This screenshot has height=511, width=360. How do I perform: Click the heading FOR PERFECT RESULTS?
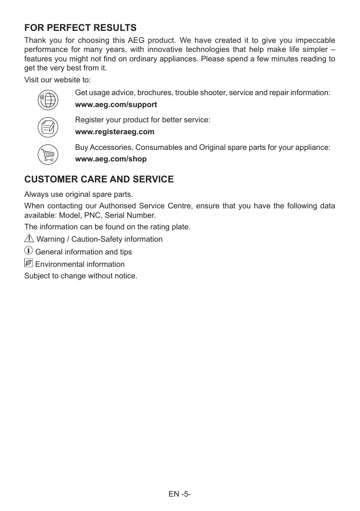[x=80, y=28]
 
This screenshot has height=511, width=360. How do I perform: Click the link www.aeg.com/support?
[x=116, y=105]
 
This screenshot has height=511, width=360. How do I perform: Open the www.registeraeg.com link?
[x=115, y=132]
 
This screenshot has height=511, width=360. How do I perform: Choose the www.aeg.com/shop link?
[x=111, y=159]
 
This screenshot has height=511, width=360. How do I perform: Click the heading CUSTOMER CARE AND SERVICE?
[x=99, y=180]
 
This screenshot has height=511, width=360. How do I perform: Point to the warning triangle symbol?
[x=29, y=238]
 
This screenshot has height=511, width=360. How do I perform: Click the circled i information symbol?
[x=28, y=250]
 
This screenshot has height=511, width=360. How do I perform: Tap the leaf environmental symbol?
[x=28, y=263]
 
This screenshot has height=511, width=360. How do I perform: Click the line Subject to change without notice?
[x=81, y=276]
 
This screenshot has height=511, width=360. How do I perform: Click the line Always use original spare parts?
[x=79, y=194]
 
